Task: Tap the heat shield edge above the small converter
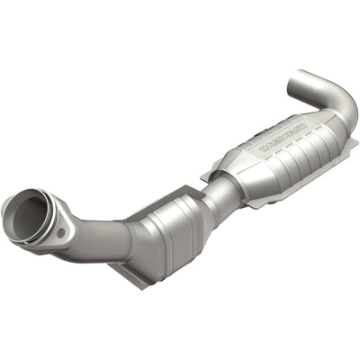coord(180,190)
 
